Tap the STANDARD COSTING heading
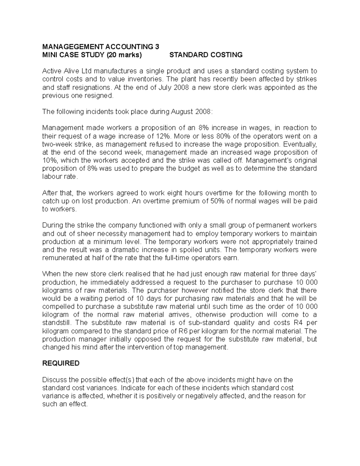click(x=206, y=55)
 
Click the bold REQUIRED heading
click(x=61, y=363)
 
